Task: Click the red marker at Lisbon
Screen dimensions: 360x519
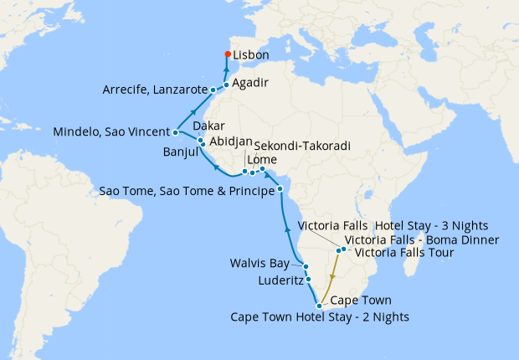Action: coord(227,55)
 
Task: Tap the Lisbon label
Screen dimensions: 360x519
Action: coord(251,55)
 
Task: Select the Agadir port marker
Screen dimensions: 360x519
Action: coord(226,85)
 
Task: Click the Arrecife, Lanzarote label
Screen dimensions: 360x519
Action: coord(155,90)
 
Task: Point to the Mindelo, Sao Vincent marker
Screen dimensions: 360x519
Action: coord(175,132)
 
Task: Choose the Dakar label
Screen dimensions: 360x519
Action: coord(209,126)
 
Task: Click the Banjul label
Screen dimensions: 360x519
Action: coord(179,153)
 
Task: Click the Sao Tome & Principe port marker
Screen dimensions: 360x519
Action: coord(280,190)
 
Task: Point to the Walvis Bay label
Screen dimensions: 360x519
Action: coord(260,264)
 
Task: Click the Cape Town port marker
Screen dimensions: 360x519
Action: coord(319,306)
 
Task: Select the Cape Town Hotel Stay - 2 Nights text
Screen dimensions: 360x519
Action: coord(320,316)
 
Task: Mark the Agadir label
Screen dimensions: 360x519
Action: coord(250,83)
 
